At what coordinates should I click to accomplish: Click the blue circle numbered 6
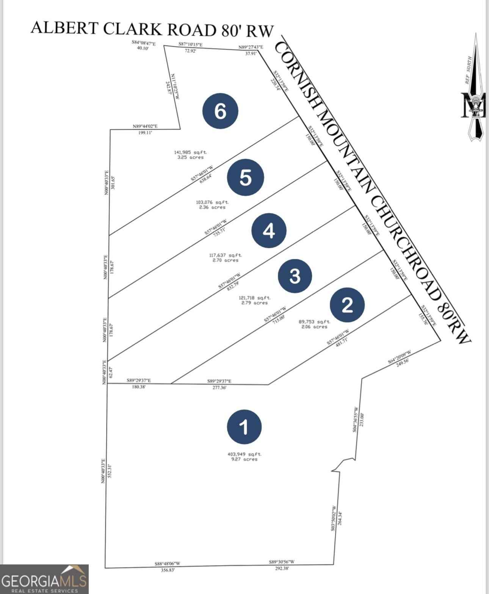point(220,111)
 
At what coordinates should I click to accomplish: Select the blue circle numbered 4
point(269,230)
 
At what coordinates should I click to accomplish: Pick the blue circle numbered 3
point(295,276)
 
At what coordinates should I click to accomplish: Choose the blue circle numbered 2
point(347,305)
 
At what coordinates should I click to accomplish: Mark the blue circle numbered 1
point(244,427)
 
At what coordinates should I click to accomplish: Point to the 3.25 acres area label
point(190,157)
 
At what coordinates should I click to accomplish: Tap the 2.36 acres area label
point(212,207)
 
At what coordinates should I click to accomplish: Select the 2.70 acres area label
point(225,260)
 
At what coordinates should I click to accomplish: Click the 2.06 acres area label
point(314,327)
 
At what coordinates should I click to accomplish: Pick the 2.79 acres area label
point(254,303)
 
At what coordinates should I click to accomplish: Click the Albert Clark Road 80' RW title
point(152,29)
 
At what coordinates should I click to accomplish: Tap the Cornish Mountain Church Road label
point(371,190)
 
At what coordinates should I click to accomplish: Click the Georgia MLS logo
point(44,579)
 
